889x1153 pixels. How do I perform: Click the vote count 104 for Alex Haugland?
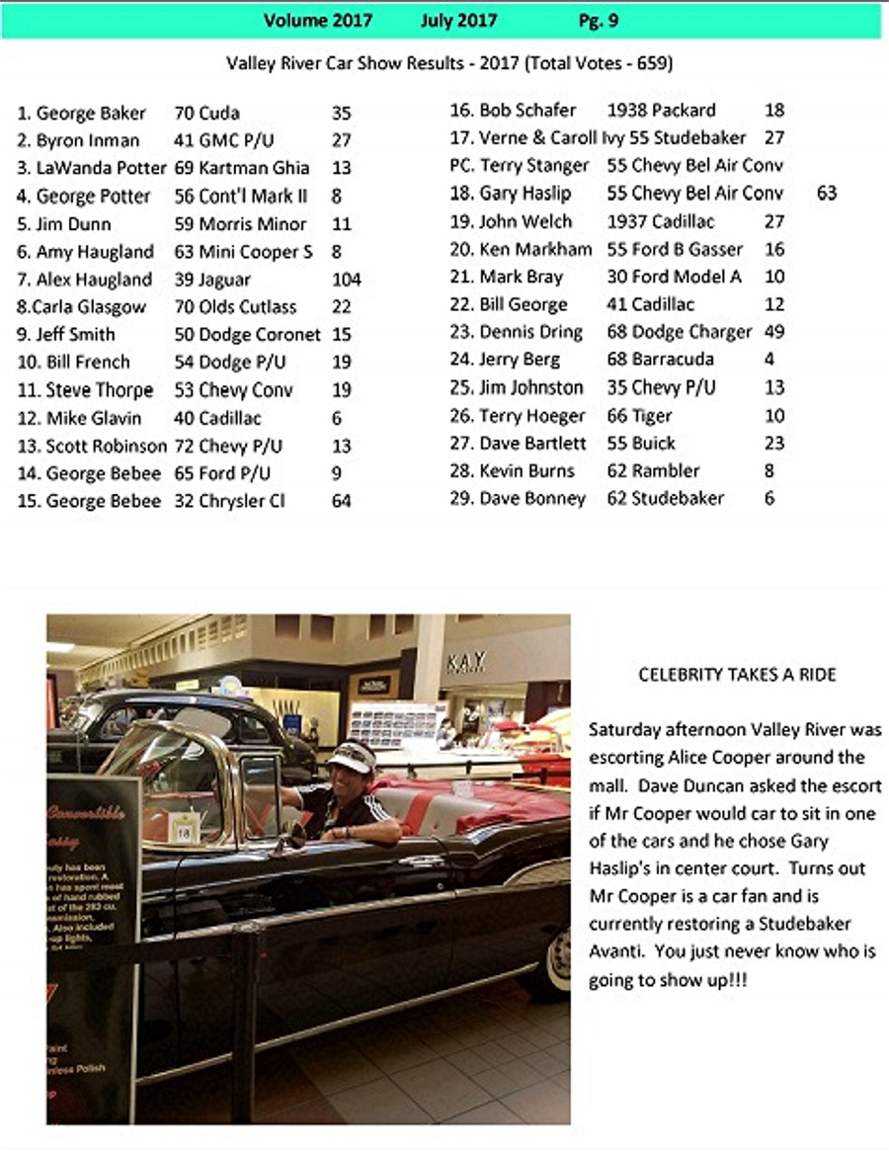click(x=347, y=280)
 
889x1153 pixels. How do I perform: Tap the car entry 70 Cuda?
click(x=206, y=113)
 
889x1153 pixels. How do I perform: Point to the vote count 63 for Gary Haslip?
click(x=827, y=193)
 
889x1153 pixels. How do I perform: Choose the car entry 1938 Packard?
click(x=661, y=110)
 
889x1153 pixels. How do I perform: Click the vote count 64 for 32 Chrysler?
click(x=342, y=501)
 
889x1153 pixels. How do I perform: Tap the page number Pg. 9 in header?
click(x=599, y=20)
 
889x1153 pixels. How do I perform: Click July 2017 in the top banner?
click(x=458, y=20)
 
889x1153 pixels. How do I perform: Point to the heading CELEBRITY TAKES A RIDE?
click(x=737, y=676)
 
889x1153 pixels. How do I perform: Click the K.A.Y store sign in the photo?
click(x=466, y=663)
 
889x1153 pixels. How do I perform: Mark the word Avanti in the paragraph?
click(x=618, y=952)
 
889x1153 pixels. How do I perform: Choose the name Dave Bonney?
click(x=531, y=499)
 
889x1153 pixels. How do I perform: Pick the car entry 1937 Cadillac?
click(x=661, y=221)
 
